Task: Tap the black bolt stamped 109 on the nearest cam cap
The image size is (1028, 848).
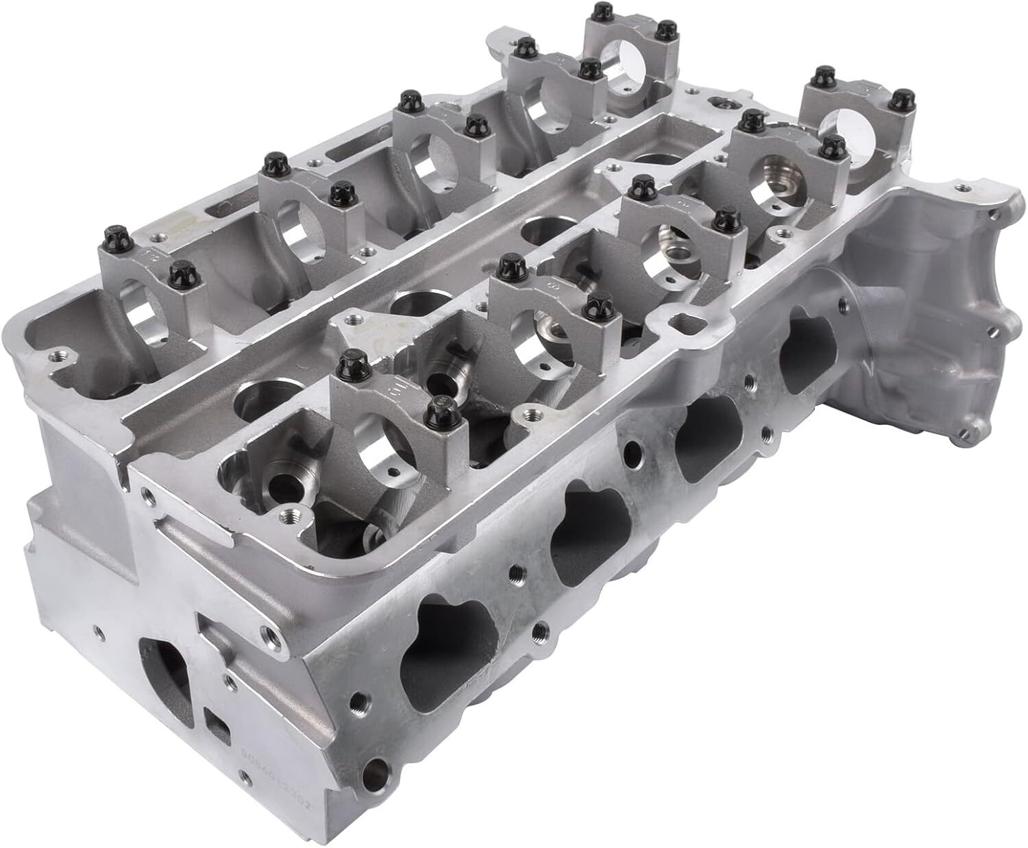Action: (x=437, y=414)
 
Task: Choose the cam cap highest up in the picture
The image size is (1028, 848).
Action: (x=627, y=58)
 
